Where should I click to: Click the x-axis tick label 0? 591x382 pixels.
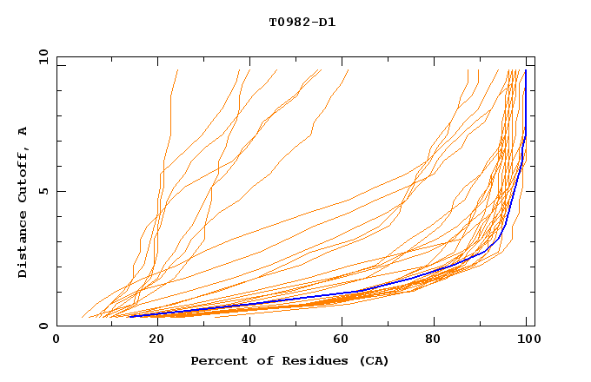click(56, 340)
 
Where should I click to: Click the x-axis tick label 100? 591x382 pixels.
click(528, 340)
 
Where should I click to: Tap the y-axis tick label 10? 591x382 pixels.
click(41, 56)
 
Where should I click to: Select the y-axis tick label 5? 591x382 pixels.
click(44, 191)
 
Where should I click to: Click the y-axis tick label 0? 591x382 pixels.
click(44, 326)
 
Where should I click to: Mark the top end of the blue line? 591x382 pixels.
click(526, 70)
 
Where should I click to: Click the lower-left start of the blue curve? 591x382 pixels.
click(129, 316)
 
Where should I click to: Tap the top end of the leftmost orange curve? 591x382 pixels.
click(177, 70)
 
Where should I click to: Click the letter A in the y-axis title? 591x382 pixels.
click(23, 131)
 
